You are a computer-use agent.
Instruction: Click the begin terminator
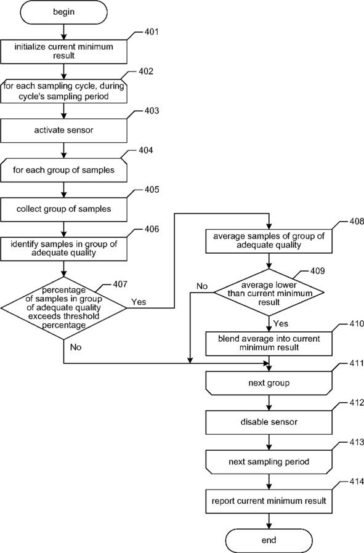point(64,12)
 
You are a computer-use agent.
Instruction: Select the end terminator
point(269,540)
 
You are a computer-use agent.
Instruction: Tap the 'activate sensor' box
point(64,130)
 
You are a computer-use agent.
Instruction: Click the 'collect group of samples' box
point(64,209)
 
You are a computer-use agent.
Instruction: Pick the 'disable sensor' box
point(269,422)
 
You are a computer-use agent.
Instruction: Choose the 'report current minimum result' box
point(269,501)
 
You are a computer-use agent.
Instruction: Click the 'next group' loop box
point(269,382)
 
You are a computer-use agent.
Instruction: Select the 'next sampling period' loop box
point(269,462)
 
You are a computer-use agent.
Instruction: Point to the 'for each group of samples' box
point(64,169)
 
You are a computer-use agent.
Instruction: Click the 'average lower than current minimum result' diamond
point(269,293)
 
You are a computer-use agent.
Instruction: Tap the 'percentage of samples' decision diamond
point(64,307)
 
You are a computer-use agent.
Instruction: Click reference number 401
point(152,32)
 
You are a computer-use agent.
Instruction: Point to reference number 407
point(120,285)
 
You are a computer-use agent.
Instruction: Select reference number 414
point(357,482)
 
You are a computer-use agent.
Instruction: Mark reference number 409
point(317,271)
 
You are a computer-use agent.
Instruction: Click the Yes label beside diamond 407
point(139,302)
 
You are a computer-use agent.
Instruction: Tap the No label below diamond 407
point(76,347)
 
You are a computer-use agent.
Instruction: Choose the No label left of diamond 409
point(202,286)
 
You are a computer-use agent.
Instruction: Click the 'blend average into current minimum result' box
point(269,343)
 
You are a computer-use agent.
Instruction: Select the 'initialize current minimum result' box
point(64,52)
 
